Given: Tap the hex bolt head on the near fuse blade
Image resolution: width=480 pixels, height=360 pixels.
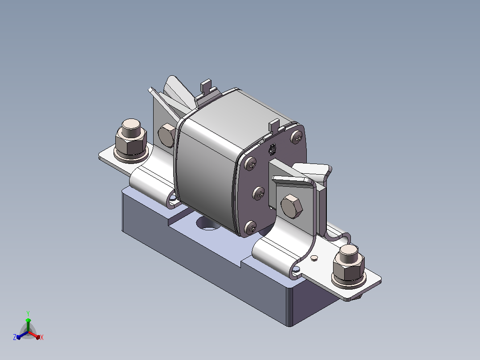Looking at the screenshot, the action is tap(292, 206).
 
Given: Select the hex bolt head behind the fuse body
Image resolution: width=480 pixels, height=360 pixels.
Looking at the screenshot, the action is tap(166, 135).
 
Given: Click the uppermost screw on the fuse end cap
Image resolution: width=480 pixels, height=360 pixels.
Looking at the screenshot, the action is tap(297, 137).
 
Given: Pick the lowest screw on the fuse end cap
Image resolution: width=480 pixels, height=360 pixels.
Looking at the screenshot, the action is tap(251, 227).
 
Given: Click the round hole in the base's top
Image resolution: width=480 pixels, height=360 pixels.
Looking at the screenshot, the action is tap(207, 224).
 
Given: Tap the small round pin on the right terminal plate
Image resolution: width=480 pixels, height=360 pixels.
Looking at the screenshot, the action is tap(314, 258).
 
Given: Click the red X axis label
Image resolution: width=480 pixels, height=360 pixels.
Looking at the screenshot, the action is tap(42, 337).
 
